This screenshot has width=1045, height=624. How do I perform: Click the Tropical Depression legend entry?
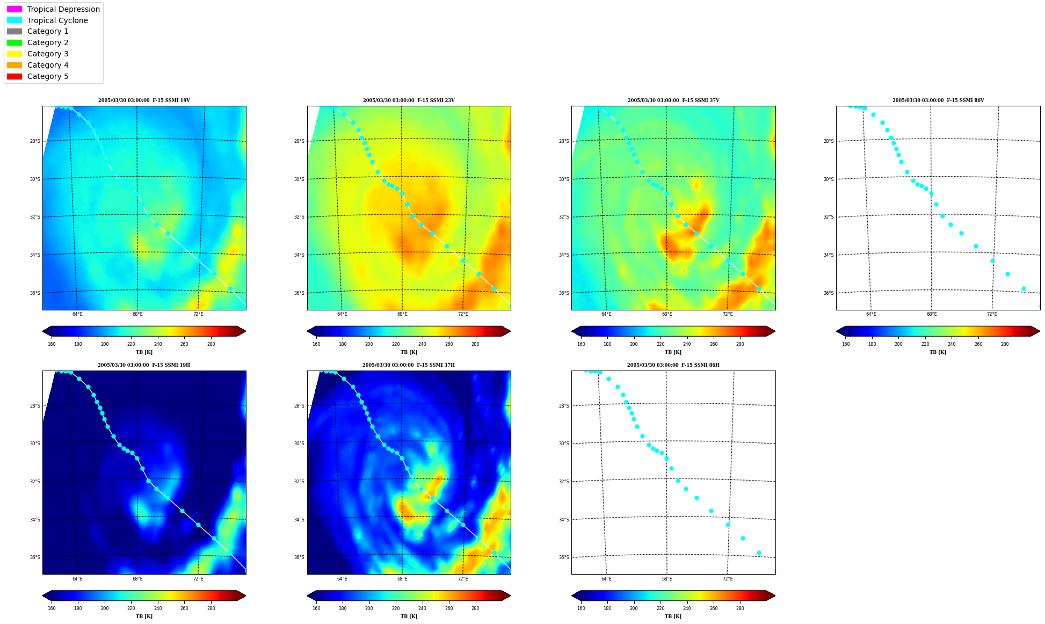tap(53, 9)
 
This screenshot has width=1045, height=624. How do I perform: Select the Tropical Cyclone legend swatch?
tap(14, 20)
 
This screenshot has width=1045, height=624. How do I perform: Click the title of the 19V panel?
tap(144, 100)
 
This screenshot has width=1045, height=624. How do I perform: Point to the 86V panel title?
tap(938, 100)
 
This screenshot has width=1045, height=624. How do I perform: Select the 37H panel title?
tap(409, 365)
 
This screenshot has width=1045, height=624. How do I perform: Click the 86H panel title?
tap(673, 365)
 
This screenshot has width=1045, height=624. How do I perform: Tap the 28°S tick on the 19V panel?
tap(35, 141)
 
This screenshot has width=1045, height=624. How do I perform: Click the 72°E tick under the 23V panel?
tap(463, 314)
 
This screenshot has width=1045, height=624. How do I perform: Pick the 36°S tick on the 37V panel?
tap(564, 293)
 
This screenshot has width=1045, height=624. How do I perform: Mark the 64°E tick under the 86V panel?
tap(871, 314)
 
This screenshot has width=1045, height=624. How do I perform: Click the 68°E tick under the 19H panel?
tap(137, 578)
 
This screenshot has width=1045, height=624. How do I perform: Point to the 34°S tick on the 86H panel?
tap(564, 520)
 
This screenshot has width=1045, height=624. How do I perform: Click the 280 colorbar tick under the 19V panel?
tap(211, 344)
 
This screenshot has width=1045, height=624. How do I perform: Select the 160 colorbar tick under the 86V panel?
tap(846, 344)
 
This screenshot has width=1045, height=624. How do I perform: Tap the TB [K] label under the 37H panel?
tap(409, 616)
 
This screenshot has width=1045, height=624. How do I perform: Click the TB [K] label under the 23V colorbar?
tap(409, 352)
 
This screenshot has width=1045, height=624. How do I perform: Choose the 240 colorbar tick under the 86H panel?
tap(687, 608)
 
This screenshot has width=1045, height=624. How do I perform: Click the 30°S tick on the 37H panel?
tap(299, 444)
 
